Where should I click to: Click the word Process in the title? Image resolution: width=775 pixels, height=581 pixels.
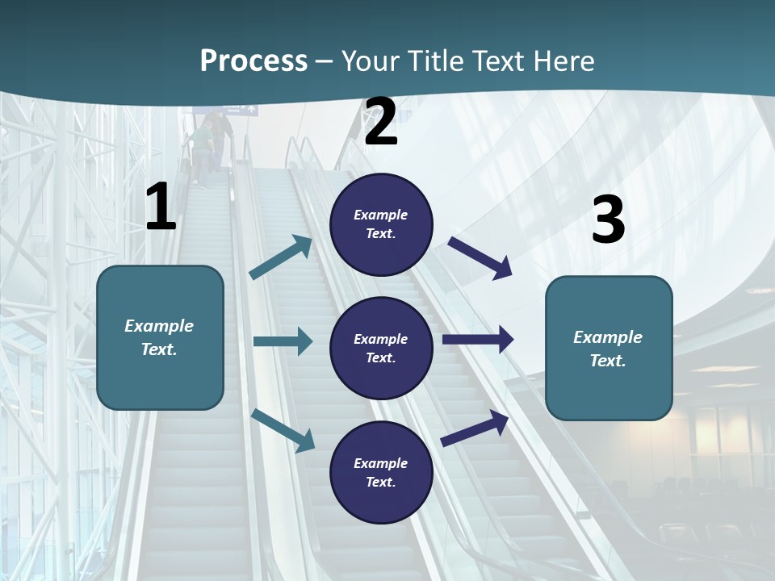pos(253,61)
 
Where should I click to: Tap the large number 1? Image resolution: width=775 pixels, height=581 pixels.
pos(161,207)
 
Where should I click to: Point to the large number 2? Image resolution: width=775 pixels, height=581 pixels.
pos(381,122)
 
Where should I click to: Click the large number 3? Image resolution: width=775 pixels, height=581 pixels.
pos(608,219)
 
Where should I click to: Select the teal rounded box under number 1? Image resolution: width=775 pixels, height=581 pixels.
pos(160,337)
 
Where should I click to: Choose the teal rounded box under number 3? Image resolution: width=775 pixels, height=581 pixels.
pos(609,348)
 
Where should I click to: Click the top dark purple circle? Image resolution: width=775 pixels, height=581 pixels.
pos(381,224)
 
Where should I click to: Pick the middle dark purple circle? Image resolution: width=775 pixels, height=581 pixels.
pos(381,348)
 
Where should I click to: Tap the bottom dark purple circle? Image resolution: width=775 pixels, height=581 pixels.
pos(381,472)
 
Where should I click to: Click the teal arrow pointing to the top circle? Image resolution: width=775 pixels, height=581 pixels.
pos(281,257)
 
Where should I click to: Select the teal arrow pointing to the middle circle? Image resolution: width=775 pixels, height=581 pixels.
pos(283,341)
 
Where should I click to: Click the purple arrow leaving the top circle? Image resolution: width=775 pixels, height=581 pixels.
pos(480,257)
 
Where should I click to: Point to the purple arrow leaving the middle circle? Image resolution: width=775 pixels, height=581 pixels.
pos(478,339)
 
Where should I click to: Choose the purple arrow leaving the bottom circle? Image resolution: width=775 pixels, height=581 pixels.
pos(475,428)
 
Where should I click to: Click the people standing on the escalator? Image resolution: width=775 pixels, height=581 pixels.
pos(210,141)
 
